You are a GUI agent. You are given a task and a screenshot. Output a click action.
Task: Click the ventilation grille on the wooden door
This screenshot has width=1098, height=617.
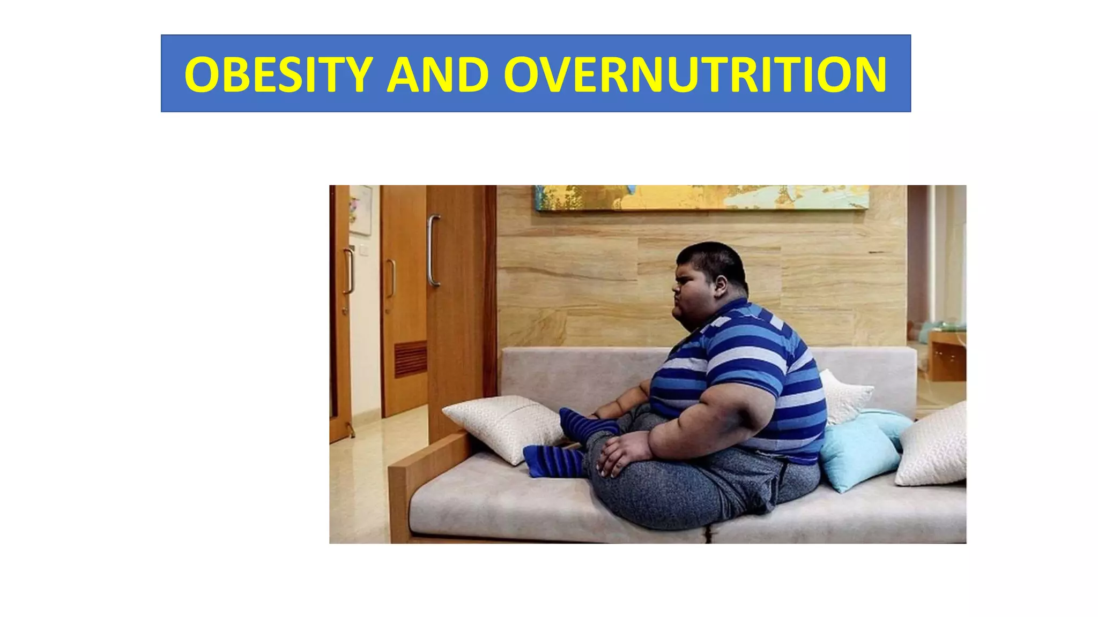[411, 359]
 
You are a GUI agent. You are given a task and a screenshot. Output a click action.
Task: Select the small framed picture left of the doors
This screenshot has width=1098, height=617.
[360, 210]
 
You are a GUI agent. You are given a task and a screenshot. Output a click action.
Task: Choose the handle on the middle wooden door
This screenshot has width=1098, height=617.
[391, 279]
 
